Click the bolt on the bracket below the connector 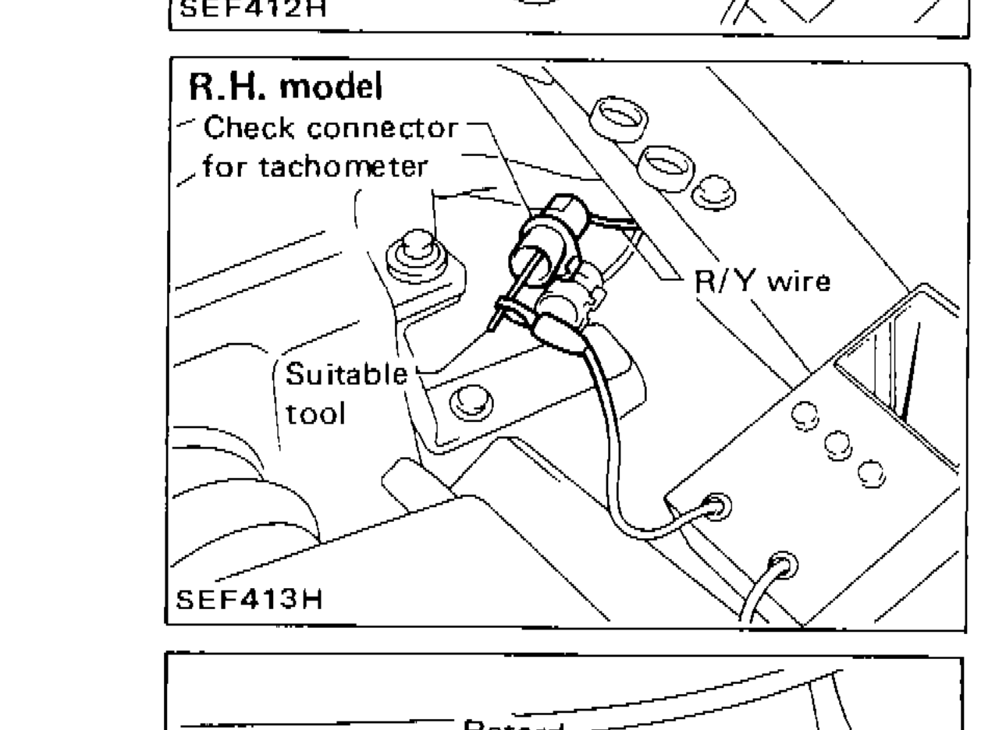(x=467, y=399)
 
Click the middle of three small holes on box (x=835, y=444)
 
